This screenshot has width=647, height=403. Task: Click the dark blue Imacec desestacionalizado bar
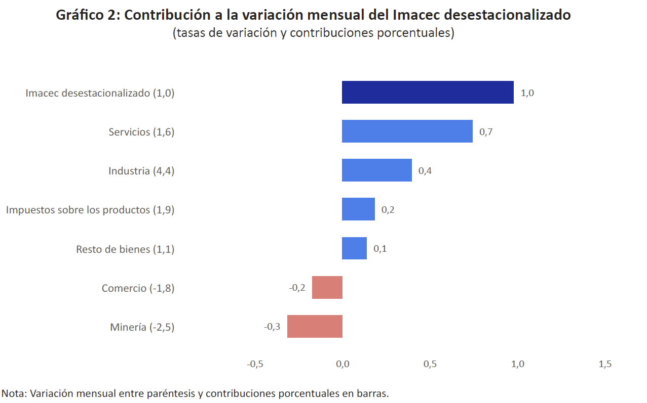click(428, 93)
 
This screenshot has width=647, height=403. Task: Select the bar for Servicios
click(407, 131)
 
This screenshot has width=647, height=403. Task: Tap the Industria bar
click(376, 170)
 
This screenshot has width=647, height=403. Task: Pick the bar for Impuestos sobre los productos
click(358, 209)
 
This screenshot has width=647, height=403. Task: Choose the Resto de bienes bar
click(354, 248)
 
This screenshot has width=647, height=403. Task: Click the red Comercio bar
click(327, 287)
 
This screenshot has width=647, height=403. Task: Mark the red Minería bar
click(315, 326)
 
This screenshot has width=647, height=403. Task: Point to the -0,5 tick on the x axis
click(254, 364)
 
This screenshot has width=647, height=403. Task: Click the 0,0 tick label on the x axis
click(342, 364)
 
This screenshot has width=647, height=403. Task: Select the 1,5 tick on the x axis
click(605, 364)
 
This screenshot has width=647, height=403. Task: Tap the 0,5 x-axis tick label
click(430, 364)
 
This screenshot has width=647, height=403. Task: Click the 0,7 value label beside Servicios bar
click(486, 132)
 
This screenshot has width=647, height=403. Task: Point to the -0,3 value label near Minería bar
click(272, 327)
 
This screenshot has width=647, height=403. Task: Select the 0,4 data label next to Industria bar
click(425, 171)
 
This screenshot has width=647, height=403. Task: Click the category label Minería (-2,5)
click(142, 327)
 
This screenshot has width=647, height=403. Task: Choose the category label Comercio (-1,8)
click(138, 288)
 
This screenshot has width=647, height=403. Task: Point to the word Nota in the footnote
click(14, 393)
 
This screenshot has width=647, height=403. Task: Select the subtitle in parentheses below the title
click(313, 33)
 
